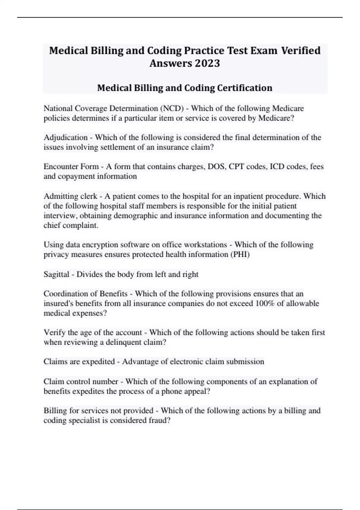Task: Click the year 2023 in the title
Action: [207, 63]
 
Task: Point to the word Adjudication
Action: [65, 138]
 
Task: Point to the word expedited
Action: [98, 362]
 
